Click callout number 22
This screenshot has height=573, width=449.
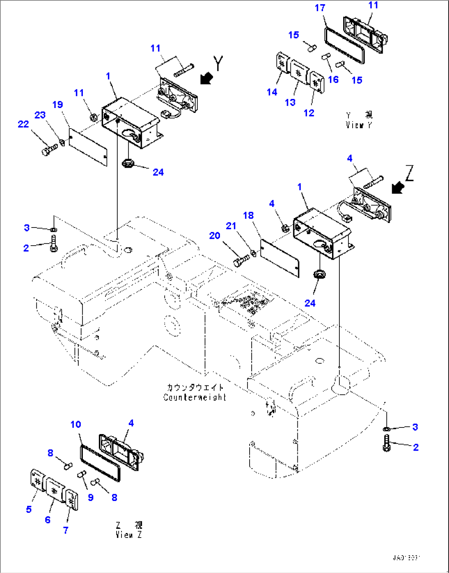(23, 124)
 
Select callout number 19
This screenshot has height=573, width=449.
(58, 105)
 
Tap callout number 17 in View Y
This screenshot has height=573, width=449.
(320, 8)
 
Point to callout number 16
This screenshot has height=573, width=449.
(333, 79)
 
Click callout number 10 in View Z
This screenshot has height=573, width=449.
(76, 425)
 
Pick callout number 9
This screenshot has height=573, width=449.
(91, 497)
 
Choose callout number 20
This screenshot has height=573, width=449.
(215, 236)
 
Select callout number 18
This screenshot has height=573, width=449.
(248, 216)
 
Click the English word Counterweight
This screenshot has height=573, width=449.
(195, 397)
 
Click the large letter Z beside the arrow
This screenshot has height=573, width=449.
(409, 173)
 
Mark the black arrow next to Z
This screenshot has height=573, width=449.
(398, 188)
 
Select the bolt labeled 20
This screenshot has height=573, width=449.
(241, 261)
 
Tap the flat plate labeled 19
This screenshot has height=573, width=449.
(88, 146)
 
